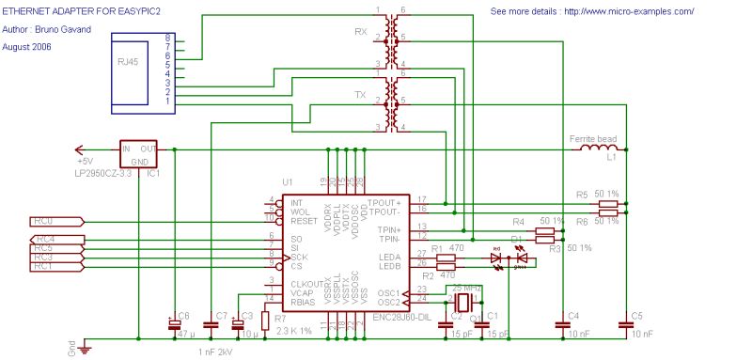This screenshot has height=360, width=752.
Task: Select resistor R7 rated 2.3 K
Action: [265, 321]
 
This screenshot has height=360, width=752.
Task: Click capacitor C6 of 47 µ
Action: [174, 323]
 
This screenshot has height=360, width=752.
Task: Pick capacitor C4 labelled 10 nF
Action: [562, 324]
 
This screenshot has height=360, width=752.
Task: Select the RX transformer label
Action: [361, 32]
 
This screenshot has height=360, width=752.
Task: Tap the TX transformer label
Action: [361, 95]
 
